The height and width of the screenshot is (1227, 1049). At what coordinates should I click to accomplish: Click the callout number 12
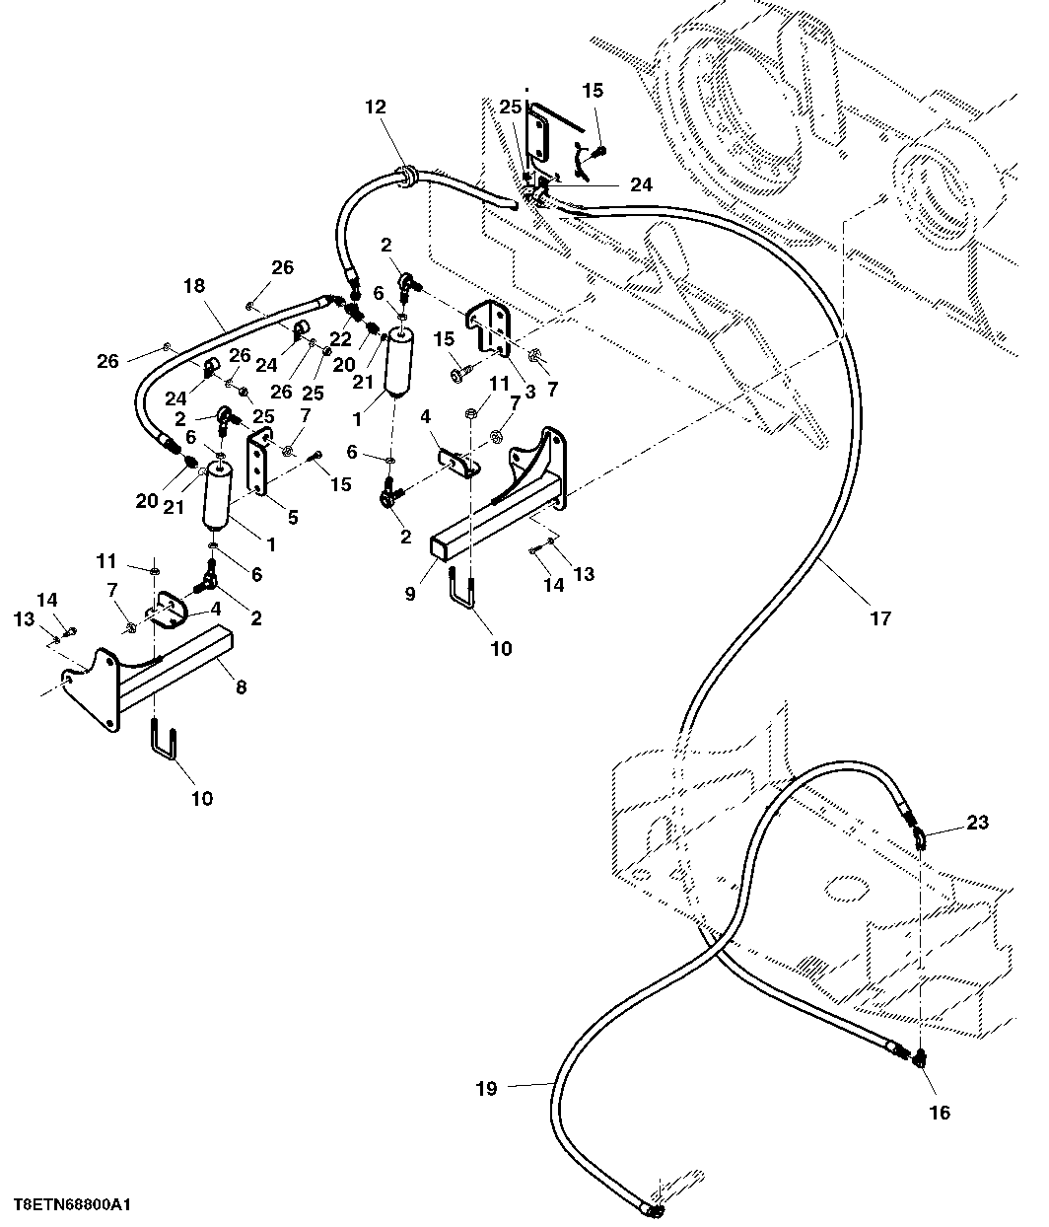pos(375,107)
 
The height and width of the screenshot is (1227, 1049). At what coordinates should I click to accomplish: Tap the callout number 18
pos(194,286)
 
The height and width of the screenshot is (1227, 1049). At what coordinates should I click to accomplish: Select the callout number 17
pos(880,619)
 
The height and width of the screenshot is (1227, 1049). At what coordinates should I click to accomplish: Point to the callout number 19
pos(486,1089)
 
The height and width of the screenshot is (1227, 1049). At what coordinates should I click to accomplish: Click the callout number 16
pos(940,1113)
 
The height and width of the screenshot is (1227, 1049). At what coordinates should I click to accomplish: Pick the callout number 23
pos(977,823)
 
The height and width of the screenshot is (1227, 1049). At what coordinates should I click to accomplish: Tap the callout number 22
pos(340,339)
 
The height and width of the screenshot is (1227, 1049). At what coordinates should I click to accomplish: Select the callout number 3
pos(529,392)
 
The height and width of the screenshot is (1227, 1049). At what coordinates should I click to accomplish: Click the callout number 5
pos(293,517)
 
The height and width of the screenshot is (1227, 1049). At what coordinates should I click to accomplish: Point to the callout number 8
pos(241,686)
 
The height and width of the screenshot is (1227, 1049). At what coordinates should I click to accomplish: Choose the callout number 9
pos(410,594)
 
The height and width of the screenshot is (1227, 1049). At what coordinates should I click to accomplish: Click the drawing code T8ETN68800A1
pos(71,1205)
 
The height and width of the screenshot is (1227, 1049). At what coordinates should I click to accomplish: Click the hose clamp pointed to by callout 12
pos(407,176)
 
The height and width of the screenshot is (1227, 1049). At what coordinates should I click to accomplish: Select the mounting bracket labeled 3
pos(489,330)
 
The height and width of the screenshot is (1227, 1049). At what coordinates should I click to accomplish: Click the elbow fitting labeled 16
pos(920,1074)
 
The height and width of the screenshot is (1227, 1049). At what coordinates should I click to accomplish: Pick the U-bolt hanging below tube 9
pos(462,588)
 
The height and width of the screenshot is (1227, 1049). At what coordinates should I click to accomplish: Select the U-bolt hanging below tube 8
pos(164,740)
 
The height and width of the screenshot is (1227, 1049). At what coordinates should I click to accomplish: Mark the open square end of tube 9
pos(441,548)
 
